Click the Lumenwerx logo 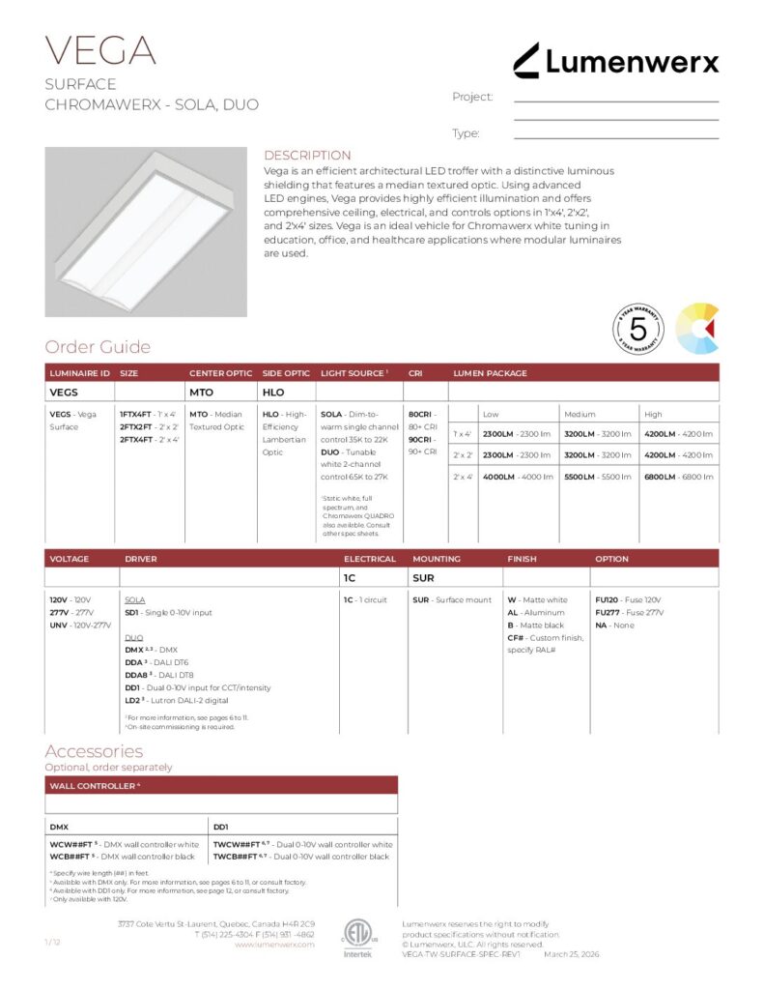point(615,61)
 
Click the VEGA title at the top point(100,50)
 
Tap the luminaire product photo point(146,231)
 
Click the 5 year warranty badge point(638,329)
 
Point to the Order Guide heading point(98,347)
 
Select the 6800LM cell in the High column point(662,477)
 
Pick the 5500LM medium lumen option point(581,477)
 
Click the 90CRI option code point(419,439)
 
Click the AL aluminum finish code point(513,613)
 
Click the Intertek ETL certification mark point(357,936)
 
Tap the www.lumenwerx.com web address point(274,945)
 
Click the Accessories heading point(94,751)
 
